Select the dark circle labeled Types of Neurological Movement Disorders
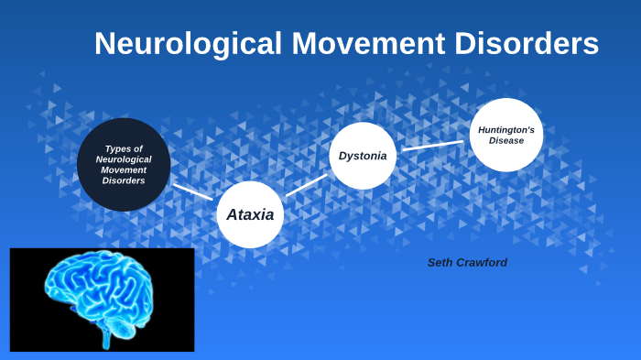[124, 165]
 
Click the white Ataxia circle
[250, 214]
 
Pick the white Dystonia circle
[363, 156]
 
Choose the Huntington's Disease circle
[506, 135]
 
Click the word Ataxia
[250, 214]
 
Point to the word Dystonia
[363, 156]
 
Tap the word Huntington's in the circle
[506, 130]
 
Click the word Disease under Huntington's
[506, 141]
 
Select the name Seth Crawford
[467, 263]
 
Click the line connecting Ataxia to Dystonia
[306, 185]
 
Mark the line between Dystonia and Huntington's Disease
[432, 145]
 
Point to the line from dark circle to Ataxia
[192, 191]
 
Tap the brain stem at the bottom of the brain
[107, 340]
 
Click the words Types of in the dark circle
[124, 148]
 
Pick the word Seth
[440, 263]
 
